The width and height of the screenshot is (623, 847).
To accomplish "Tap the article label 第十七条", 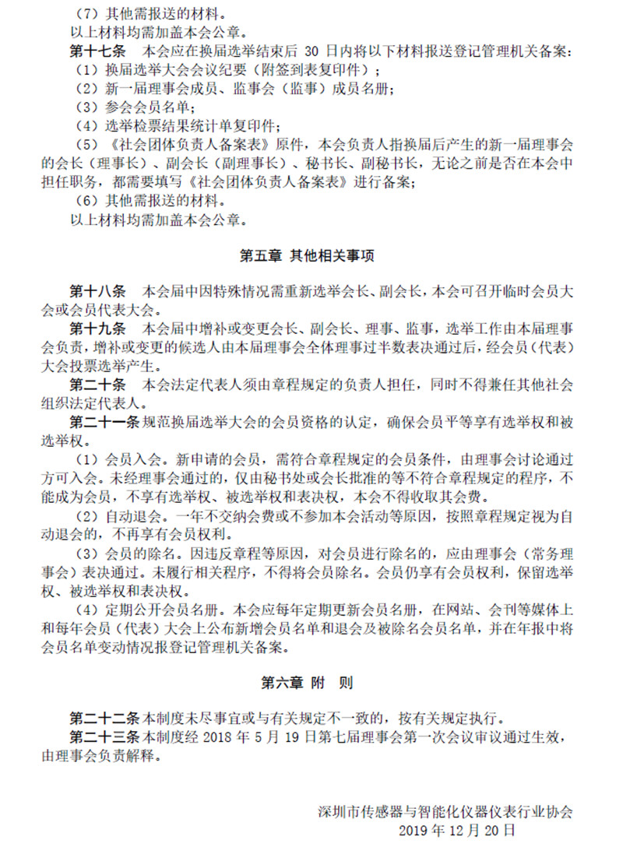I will (97, 52).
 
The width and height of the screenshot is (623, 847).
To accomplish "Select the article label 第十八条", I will (97, 292).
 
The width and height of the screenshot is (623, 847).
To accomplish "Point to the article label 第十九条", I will (97, 328).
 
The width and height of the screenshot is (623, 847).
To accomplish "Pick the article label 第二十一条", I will (104, 423).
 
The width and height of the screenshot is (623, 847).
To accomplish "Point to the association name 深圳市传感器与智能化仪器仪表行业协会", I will (446, 811).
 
